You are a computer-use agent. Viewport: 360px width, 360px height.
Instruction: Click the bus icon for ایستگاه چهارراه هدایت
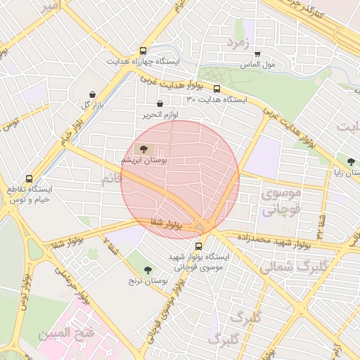tap(143, 51)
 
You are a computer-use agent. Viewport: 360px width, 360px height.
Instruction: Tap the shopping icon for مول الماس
tap(257, 54)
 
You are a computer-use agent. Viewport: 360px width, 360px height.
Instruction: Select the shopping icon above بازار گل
tap(93, 94)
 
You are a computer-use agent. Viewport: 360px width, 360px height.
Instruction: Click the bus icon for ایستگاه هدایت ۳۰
tap(217, 89)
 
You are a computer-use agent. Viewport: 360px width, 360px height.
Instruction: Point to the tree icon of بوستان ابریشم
tap(143, 149)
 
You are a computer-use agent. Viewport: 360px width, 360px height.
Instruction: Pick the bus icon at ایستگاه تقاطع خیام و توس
tap(29, 179)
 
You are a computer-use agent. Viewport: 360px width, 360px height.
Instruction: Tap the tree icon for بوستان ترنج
tap(148, 270)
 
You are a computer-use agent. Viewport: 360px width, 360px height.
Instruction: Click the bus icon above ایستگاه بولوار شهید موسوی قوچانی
tap(198, 247)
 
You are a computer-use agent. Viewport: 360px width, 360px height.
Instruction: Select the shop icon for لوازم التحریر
tap(160, 104)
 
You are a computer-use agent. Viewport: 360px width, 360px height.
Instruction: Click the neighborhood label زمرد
tap(238, 43)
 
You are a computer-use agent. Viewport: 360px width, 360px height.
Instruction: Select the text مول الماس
tap(257, 65)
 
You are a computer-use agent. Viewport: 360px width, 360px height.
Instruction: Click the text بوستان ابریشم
tap(145, 161)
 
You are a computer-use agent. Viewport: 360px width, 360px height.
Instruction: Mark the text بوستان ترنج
tap(148, 281)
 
